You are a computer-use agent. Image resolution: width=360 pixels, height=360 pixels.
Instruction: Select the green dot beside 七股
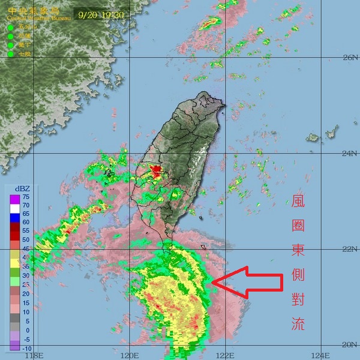click(x=10, y=55)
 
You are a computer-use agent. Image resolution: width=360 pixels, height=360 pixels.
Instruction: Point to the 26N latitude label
click(x=350, y=58)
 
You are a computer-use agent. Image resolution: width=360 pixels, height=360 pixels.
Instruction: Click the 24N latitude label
click(x=350, y=154)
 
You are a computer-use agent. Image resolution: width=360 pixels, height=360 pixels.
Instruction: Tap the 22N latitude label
click(x=350, y=248)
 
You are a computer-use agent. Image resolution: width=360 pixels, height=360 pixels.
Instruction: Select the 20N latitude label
click(x=350, y=344)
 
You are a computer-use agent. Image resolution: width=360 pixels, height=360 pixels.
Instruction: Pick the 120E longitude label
click(x=130, y=355)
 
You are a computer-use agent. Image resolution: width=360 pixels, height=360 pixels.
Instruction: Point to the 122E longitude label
click(x=226, y=355)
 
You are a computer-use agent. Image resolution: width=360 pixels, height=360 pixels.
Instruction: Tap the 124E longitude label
click(x=320, y=355)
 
